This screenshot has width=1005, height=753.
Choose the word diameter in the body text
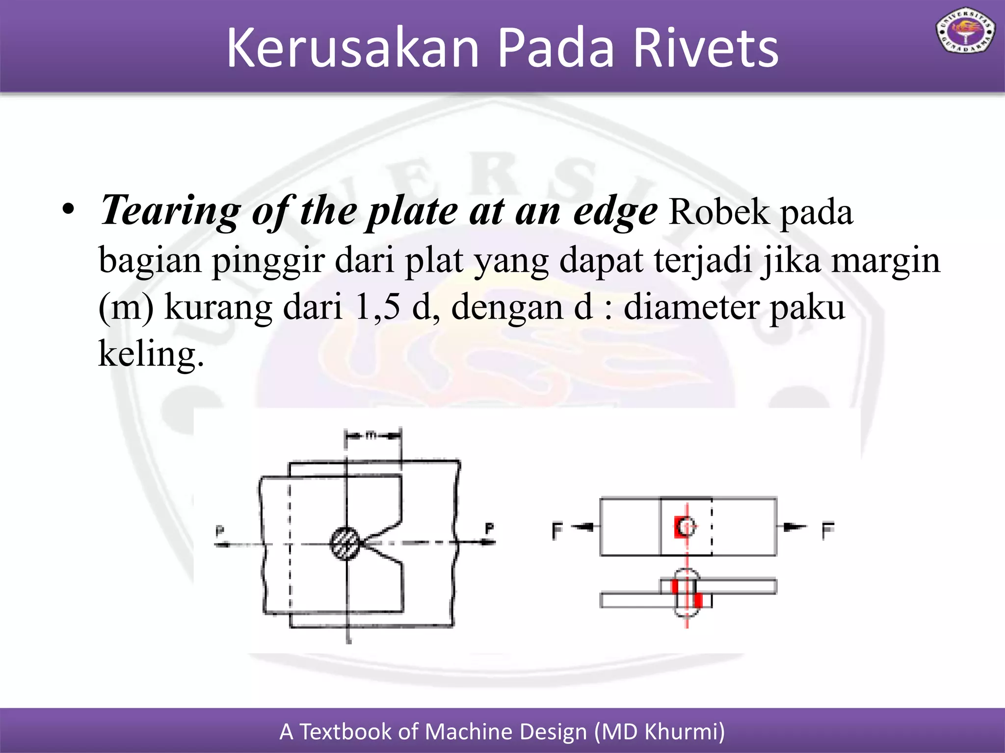[691, 307]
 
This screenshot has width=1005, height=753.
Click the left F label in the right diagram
[557, 530]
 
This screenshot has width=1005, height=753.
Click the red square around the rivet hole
[680, 527]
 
